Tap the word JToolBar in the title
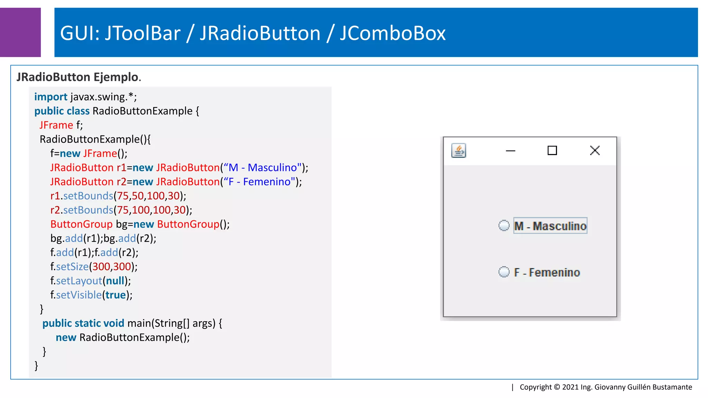[142, 33]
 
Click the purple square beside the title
[20, 32]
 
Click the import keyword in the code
[50, 97]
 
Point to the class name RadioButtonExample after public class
[142, 111]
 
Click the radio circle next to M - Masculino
[504, 226]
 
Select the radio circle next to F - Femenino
[504, 272]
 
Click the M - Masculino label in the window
[550, 226]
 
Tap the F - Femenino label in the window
[547, 272]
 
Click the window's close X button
[595, 150]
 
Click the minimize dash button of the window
[510, 151]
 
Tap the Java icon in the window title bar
[459, 151]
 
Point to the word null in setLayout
[115, 281]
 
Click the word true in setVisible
[115, 295]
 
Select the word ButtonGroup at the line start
[82, 224]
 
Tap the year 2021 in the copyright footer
[570, 387]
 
